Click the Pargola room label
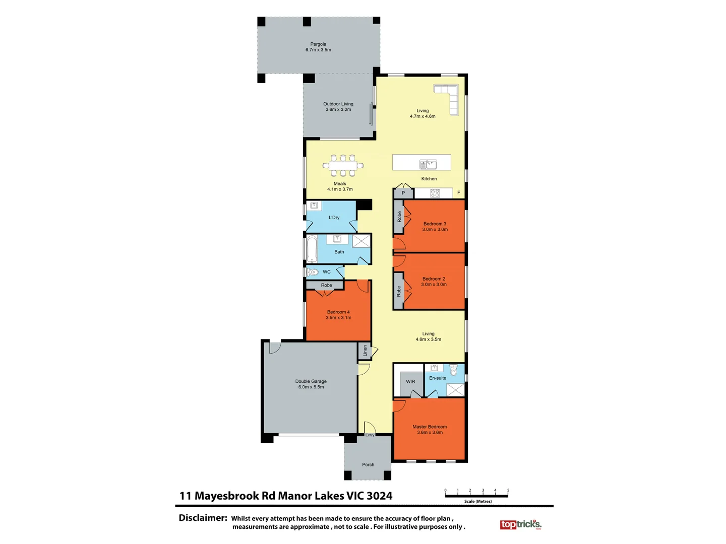(318, 44)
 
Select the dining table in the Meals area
(343, 165)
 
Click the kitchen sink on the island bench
(428, 164)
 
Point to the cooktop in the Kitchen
(435, 193)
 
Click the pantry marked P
(403, 193)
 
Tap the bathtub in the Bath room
(312, 249)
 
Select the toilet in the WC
(313, 272)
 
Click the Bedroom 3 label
(435, 224)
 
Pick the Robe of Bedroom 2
(398, 291)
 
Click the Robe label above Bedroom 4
(327, 285)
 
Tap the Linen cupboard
(365, 351)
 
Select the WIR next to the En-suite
(410, 381)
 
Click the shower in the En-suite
(455, 389)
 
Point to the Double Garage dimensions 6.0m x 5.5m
(311, 387)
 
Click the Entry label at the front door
(370, 435)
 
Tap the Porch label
(368, 464)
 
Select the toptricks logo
(520, 525)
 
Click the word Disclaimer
(203, 518)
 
